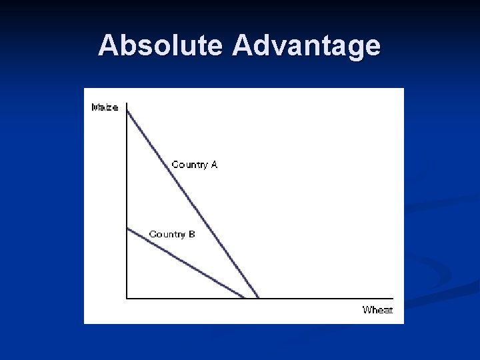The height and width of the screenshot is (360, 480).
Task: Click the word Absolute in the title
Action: point(162,45)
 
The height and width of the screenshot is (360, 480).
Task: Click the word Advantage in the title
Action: point(307,45)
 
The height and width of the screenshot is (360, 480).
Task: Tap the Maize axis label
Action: point(105,107)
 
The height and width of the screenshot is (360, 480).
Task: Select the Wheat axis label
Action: point(377,309)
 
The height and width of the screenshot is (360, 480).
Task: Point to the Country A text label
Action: point(194,164)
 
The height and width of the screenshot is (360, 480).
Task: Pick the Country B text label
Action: point(172,234)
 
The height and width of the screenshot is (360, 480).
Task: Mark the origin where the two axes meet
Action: point(127,298)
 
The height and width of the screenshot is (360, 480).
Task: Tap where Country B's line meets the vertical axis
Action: point(127,229)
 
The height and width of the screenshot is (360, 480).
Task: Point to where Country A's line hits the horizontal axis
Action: point(258,297)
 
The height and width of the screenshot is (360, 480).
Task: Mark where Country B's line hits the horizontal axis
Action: point(245,297)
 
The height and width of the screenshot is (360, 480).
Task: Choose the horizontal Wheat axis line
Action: point(320,298)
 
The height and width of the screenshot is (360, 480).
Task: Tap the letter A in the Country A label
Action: point(213,164)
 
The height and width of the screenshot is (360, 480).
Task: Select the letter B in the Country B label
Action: point(191,234)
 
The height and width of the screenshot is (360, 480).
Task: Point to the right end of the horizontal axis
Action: point(393,298)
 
